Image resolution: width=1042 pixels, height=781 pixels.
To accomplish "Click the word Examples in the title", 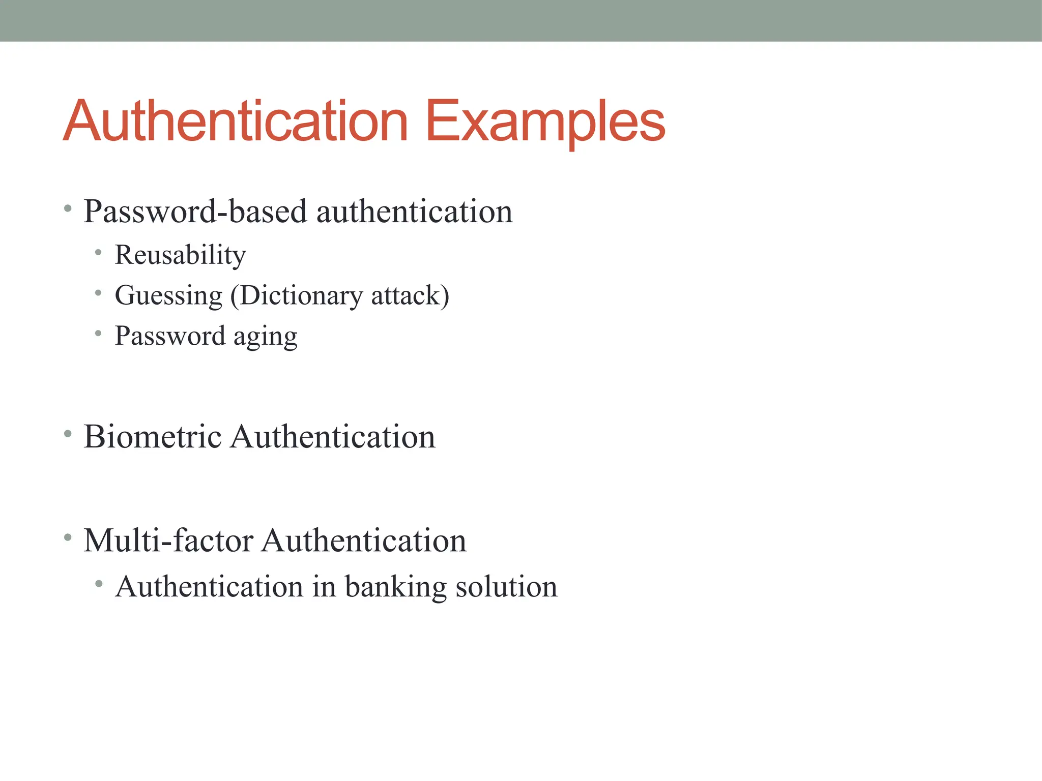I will coord(545,122).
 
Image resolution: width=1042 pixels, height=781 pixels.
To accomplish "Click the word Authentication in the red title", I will coord(236,122).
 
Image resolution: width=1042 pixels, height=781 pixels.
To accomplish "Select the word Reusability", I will coord(180,255).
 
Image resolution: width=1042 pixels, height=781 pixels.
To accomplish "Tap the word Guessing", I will coord(169,296).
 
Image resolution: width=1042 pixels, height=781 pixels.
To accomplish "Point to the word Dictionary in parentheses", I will coord(300,296).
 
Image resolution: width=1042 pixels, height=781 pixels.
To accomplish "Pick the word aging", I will coord(265,337).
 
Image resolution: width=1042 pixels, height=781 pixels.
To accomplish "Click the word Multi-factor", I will coord(168,540).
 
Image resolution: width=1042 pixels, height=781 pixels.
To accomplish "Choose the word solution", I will coord(506,587).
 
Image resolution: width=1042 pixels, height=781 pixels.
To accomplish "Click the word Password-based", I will coord(195,211).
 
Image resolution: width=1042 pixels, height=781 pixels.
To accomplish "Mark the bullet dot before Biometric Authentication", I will coord(68,434).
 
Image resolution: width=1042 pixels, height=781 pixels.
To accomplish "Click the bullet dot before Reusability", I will coord(98,252).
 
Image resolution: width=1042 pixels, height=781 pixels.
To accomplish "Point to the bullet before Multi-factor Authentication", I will coord(68,537).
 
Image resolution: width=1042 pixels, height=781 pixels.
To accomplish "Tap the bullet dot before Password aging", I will coord(98,334).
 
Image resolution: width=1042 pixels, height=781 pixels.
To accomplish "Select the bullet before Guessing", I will coord(98,293).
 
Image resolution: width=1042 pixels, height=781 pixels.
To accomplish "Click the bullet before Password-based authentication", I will coord(68,208).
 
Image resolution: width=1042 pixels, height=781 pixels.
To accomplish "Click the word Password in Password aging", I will coord(170,337).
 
